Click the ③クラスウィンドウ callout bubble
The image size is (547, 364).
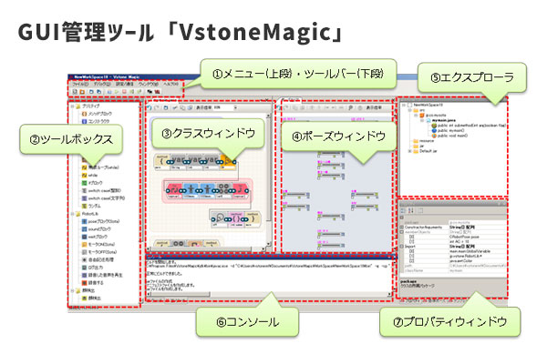[209, 132]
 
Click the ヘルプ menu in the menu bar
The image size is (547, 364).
[176, 83]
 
